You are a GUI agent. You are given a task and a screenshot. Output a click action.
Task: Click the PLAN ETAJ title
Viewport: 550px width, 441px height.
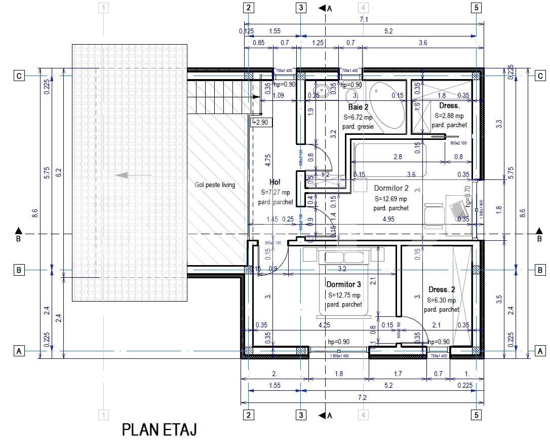(x=159, y=429)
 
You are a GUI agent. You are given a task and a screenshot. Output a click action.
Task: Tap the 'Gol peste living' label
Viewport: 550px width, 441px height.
(x=215, y=185)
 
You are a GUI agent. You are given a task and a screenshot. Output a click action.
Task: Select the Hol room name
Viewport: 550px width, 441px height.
(x=275, y=182)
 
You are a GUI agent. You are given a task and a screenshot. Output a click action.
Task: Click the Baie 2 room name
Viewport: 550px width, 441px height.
(x=358, y=107)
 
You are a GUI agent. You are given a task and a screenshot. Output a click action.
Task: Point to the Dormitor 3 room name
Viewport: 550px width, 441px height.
(x=344, y=284)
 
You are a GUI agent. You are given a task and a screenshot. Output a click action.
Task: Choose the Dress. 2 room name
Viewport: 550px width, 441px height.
(x=442, y=289)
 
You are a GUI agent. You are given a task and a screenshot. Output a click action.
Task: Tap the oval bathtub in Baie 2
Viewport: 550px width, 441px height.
(x=386, y=107)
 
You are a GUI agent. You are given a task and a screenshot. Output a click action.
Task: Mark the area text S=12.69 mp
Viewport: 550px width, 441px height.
(x=390, y=199)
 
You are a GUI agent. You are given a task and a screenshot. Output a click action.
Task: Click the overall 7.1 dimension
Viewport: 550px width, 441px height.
(x=363, y=19)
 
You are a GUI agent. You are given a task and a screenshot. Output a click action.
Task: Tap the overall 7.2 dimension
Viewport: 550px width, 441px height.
(x=362, y=397)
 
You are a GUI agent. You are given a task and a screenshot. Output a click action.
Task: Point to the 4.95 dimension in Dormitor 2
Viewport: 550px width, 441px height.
(x=388, y=219)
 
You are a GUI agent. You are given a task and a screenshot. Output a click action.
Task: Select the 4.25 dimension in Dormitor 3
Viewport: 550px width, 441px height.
(x=324, y=325)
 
